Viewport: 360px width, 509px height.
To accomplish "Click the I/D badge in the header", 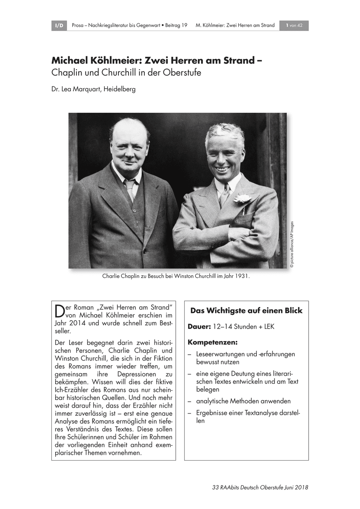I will pos(59,26).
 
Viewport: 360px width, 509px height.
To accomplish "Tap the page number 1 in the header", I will pos(287,26).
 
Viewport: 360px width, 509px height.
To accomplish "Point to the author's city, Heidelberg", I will pos(118,89).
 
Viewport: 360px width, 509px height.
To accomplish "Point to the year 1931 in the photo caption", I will pos(240,276).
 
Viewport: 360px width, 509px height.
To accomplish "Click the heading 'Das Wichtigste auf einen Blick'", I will pos(246,311).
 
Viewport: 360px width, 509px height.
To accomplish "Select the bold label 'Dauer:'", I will pos(199,327).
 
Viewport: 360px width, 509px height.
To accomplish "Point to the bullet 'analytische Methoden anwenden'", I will pos(243,401).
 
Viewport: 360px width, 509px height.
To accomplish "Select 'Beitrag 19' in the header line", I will pos(174,26).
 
